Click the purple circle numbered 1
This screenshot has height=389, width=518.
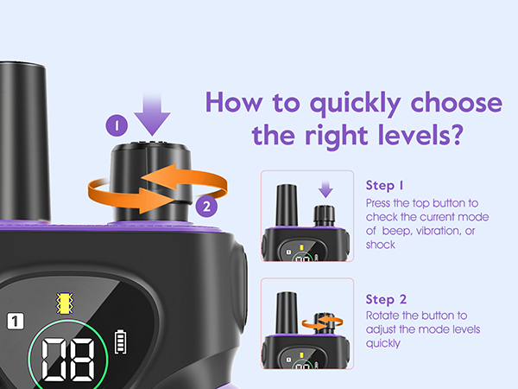pos(117,125)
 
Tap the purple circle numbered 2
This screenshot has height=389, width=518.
pos(206,207)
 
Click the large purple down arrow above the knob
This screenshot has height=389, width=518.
pos(152,114)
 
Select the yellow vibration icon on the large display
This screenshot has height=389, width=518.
pos(65,303)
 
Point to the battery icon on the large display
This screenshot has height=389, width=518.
pos(120,341)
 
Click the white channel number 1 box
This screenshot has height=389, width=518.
pos(16,321)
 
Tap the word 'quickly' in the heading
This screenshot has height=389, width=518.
pos(355,104)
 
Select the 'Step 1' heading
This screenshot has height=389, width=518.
pos(384,185)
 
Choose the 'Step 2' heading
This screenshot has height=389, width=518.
pos(386,299)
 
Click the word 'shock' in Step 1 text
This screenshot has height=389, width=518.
pos(380,245)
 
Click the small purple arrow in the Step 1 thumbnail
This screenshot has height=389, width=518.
pos(325,189)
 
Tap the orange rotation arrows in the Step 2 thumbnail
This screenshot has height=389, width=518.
pos(322,322)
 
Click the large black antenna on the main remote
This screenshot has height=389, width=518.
pos(24,142)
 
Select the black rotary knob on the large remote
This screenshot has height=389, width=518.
pos(151,182)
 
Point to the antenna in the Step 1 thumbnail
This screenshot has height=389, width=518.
pos(287,205)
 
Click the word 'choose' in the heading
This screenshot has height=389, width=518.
pos(456,103)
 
